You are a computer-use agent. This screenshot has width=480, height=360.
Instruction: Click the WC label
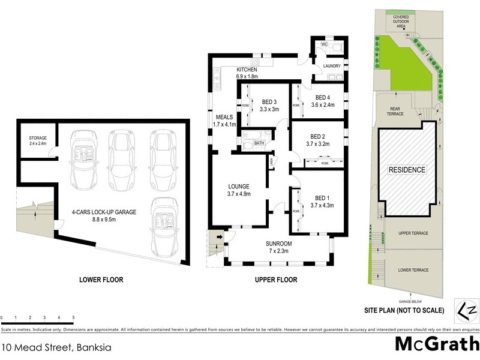coord(323,44)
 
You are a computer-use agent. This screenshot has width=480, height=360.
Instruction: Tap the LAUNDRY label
coord(332,66)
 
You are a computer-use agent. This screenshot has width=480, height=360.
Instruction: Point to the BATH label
coord(259,143)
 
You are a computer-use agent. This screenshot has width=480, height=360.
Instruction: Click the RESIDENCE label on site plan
coord(407,170)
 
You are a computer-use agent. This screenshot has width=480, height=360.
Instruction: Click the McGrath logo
coord(436,344)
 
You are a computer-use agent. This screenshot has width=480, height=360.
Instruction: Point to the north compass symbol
coord(467,310)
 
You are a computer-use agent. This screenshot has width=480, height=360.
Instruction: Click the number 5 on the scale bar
coord(73,316)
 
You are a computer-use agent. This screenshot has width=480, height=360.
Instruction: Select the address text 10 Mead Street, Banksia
coord(56,347)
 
